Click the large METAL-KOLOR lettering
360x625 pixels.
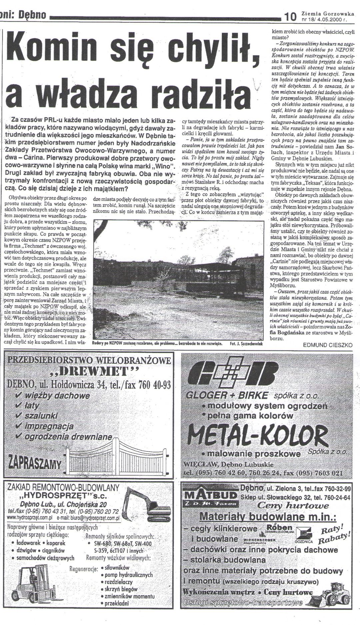[257, 436]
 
